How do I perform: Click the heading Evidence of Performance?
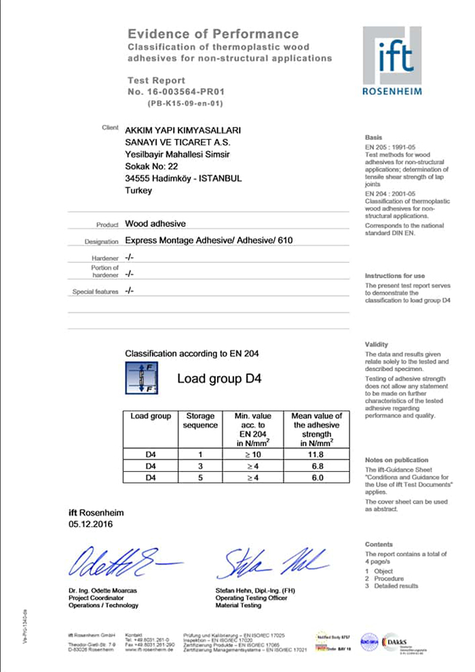tap(213, 34)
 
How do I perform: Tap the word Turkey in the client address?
tap(139, 191)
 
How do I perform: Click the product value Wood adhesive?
tap(155, 223)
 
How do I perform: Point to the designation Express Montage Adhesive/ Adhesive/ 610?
tap(210, 240)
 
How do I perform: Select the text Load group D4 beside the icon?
tap(219, 378)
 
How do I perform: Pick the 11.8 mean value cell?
tap(316, 454)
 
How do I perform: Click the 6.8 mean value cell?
tap(316, 466)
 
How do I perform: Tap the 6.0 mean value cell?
tap(316, 477)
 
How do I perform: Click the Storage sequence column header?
tap(200, 420)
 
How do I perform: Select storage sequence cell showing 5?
tap(200, 477)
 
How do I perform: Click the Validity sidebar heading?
tap(377, 345)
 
